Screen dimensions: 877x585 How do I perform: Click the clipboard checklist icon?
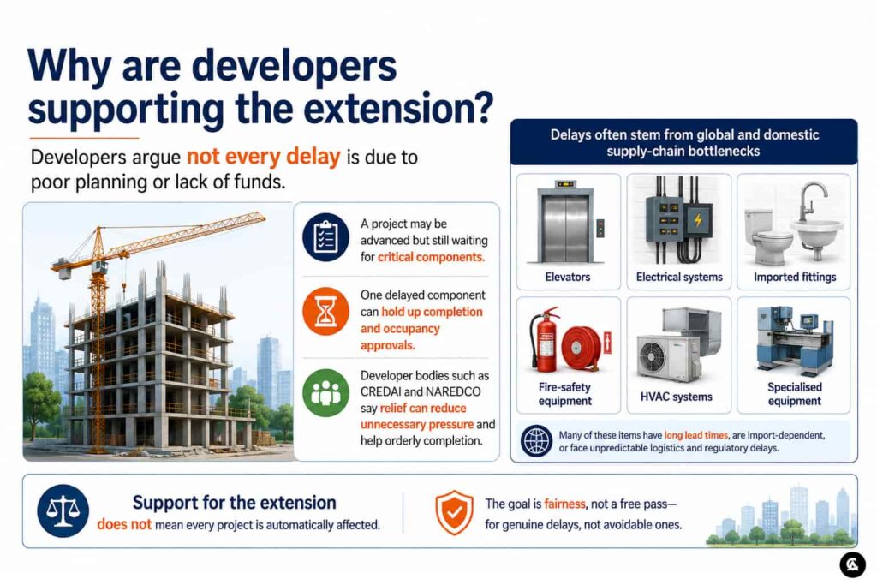click(325, 238)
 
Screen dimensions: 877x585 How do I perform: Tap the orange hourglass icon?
click(325, 312)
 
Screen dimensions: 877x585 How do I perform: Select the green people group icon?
click(325, 392)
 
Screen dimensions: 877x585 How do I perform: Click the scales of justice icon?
click(63, 511)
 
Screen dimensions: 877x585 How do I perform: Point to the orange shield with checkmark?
click(454, 512)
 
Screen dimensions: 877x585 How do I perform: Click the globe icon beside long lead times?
click(536, 441)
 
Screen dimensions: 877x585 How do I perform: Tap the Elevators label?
click(568, 277)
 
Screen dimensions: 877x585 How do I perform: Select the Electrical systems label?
click(679, 277)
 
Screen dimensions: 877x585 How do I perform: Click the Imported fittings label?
click(794, 277)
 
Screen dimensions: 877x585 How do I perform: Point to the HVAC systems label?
click(677, 397)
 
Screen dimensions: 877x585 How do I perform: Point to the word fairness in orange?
click(564, 504)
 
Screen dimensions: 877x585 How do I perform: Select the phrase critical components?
click(431, 257)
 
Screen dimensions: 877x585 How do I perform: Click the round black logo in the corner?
click(852, 564)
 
